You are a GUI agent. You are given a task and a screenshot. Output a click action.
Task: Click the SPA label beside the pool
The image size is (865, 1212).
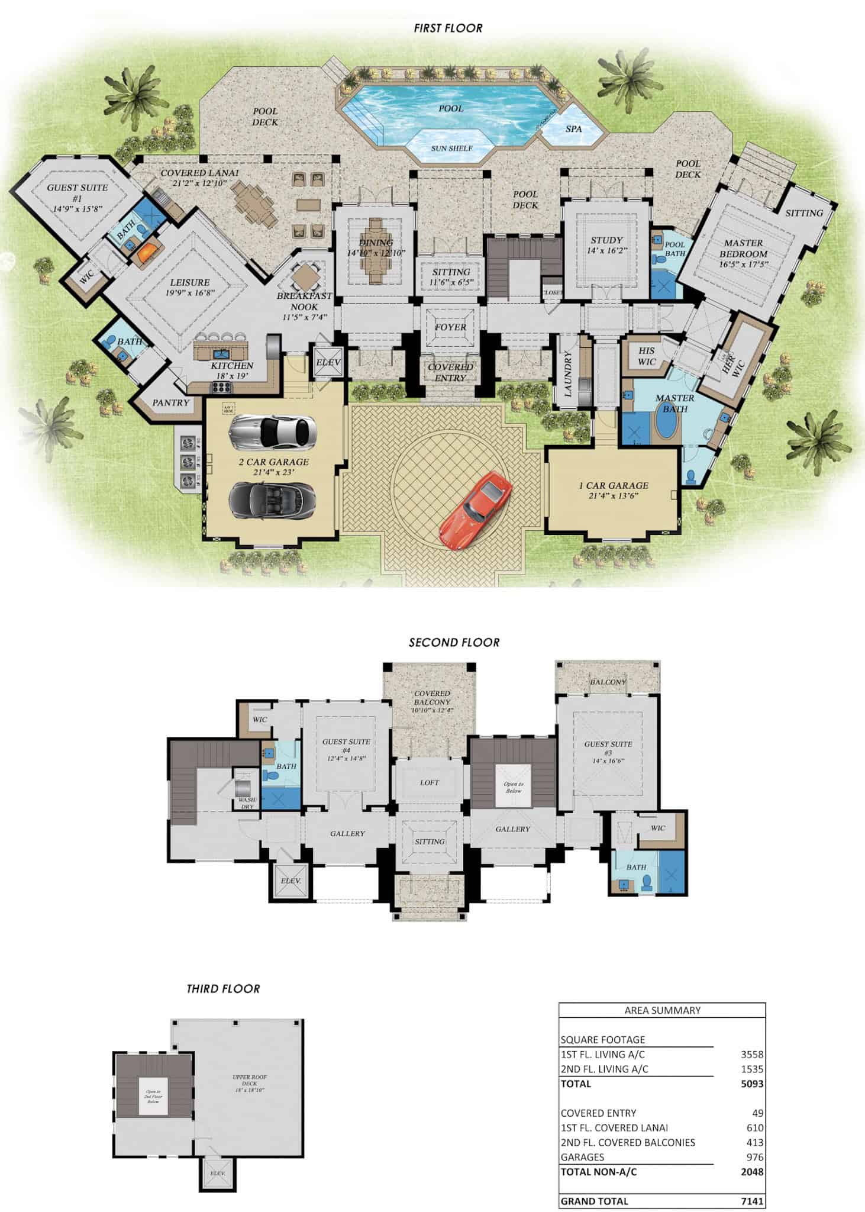point(573,129)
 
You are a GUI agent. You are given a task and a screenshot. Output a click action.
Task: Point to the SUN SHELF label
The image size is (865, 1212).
point(451,148)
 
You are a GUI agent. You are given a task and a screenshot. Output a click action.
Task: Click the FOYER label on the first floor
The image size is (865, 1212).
point(451,327)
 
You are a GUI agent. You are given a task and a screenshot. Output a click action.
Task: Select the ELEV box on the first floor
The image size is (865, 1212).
point(329,363)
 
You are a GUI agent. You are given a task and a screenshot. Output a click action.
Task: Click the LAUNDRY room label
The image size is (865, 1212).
point(568,374)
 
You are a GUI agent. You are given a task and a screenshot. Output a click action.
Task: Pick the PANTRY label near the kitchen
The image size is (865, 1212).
point(170,403)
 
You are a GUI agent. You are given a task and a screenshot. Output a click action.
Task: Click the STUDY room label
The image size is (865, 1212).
point(606,240)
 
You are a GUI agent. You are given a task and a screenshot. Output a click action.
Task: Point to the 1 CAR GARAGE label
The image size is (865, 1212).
point(614,485)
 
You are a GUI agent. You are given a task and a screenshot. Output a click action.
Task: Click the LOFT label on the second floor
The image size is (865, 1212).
point(430,782)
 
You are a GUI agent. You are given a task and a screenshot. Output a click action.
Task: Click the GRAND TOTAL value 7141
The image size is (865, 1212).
point(752,1201)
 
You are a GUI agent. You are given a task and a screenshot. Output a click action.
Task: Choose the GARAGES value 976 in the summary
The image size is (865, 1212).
point(754,1157)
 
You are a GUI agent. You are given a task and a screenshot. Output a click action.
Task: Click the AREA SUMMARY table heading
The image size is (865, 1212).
point(662,1011)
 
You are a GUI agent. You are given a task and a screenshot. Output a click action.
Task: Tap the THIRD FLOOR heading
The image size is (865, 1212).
point(223,989)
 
